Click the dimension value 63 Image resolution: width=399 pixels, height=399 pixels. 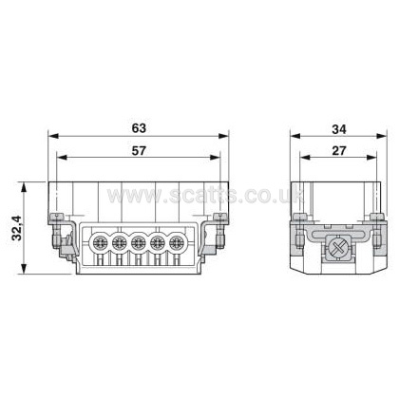[x=139, y=128]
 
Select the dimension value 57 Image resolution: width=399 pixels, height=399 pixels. [x=139, y=151]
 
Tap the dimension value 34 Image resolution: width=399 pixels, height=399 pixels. [x=339, y=129]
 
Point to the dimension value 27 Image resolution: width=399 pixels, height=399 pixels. [x=339, y=151]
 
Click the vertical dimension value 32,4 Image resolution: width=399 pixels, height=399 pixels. [x=17, y=228]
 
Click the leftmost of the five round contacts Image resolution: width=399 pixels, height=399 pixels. [x=100, y=243]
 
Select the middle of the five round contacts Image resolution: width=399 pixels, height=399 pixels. [x=139, y=243]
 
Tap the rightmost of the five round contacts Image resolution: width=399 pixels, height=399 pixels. [x=177, y=243]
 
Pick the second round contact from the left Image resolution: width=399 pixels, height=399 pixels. [x=120, y=243]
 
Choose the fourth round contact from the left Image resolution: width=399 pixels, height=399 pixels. [x=158, y=243]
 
